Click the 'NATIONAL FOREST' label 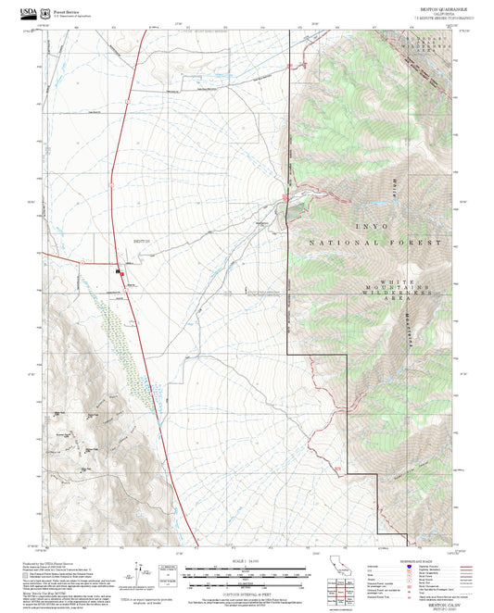[378, 242]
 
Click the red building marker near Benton [118, 272]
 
